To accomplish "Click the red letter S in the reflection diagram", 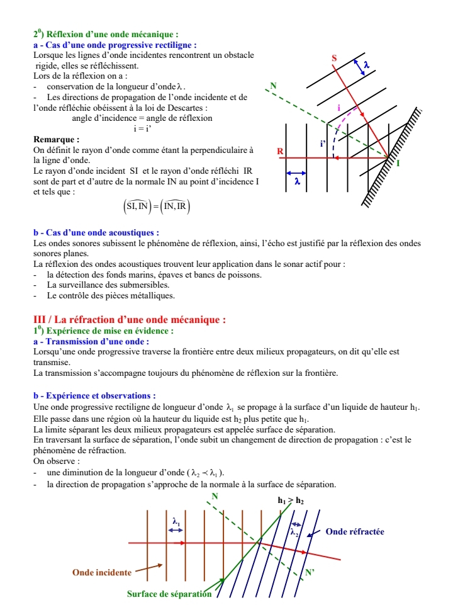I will click(334, 59).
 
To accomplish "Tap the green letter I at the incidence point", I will click(398, 163).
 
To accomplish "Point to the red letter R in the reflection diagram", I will click(281, 152).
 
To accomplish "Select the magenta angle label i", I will click(338, 108).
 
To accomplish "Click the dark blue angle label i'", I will click(323, 144).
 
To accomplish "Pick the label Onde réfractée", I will click(355, 532).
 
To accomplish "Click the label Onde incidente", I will click(102, 572).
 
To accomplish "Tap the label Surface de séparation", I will click(169, 594).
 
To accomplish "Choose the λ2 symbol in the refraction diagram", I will click(294, 532).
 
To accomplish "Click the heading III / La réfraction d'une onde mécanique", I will click(129, 320).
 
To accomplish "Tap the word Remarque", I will click(57, 139).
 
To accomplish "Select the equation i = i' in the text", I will click(142, 128).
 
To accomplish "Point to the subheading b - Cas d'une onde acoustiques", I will click(96, 233).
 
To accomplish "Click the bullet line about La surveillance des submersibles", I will click(109, 285).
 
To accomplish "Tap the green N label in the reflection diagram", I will click(272, 85).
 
